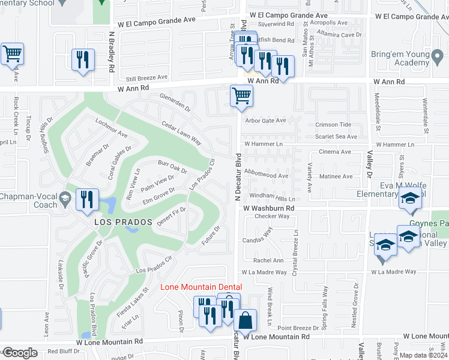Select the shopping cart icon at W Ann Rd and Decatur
241,95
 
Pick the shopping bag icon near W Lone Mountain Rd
246,320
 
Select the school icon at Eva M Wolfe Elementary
411,200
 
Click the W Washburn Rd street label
269,208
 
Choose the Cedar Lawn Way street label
181,131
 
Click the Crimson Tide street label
333,125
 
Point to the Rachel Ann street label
268,260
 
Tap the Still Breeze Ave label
143,77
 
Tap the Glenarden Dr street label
174,102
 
